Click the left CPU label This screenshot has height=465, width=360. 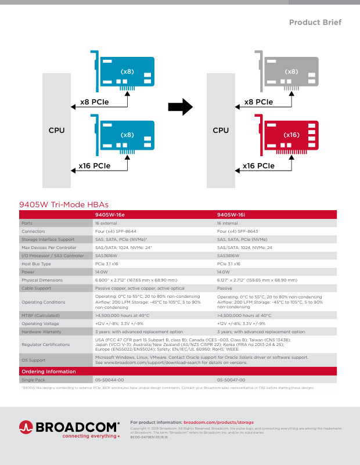(x=56, y=131)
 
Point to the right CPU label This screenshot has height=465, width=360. (x=221, y=131)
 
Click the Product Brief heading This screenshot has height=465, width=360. (x=315, y=23)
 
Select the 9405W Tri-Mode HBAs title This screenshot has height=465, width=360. (x=63, y=204)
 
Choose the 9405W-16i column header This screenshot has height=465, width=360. (x=231, y=214)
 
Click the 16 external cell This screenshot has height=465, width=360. (x=106, y=223)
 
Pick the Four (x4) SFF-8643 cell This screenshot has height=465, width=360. (x=237, y=231)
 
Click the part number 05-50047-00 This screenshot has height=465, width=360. (x=231, y=380)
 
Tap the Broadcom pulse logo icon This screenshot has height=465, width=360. (x=27, y=427)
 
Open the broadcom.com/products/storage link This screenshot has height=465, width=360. (x=218, y=422)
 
